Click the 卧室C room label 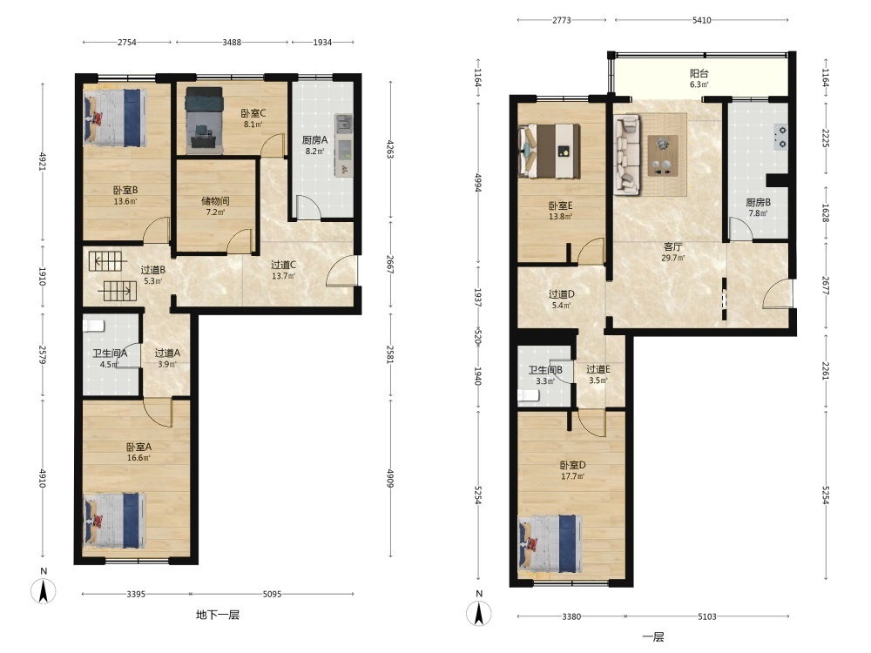[x=253, y=113]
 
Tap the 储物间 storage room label [x=215, y=201]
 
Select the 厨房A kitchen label [x=314, y=140]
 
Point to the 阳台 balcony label [x=699, y=73]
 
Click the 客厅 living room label [x=672, y=246]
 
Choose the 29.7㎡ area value [x=672, y=258]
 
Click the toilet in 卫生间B [x=529, y=395]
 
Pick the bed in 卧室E [x=549, y=151]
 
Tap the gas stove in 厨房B [x=781, y=138]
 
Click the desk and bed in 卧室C [x=205, y=120]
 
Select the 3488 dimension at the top [x=232, y=42]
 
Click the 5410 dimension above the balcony [x=701, y=20]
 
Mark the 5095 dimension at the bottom [x=272, y=594]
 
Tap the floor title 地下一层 [x=218, y=615]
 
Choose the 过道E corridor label [x=598, y=369]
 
